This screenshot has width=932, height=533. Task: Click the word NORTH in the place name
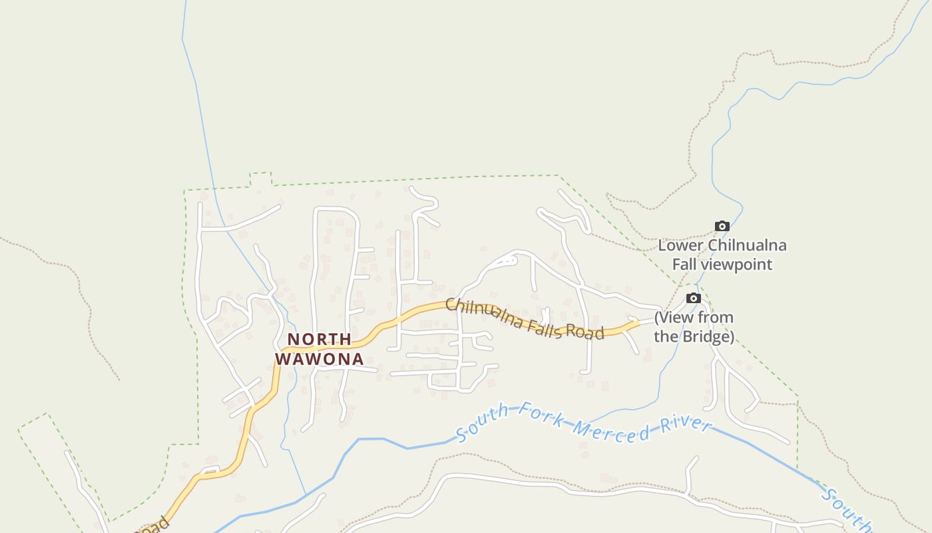[320, 340]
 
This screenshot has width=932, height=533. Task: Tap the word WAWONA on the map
[320, 359]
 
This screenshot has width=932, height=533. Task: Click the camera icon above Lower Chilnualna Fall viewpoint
[722, 227]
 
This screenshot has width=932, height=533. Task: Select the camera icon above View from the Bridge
[694, 298]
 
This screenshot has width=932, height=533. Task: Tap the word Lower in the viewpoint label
[680, 245]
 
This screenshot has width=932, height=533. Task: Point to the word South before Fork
[483, 423]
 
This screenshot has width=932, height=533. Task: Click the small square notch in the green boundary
[260, 179]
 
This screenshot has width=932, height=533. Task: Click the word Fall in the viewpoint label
[684, 265]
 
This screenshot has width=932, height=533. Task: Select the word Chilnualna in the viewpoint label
[747, 245]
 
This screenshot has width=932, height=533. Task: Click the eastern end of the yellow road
[637, 323]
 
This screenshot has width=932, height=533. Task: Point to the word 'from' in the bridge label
[716, 317]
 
